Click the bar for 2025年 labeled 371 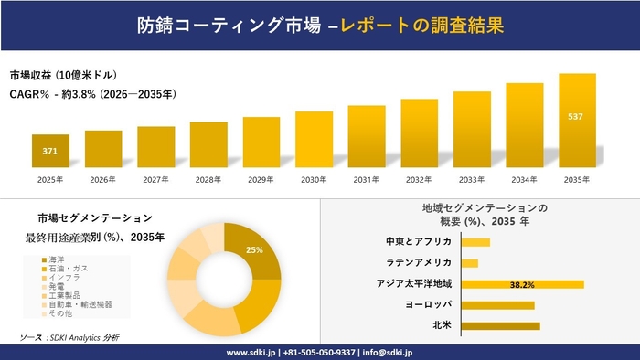(x=50, y=151)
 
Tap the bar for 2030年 (x=314, y=140)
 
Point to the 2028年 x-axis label (x=208, y=180)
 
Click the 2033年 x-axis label (x=472, y=180)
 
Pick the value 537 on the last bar (x=577, y=117)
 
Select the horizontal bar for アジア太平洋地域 (x=522, y=284)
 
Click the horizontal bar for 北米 (x=500, y=325)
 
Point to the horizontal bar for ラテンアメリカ (x=470, y=263)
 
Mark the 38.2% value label (x=522, y=284)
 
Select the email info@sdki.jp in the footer (x=389, y=352)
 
